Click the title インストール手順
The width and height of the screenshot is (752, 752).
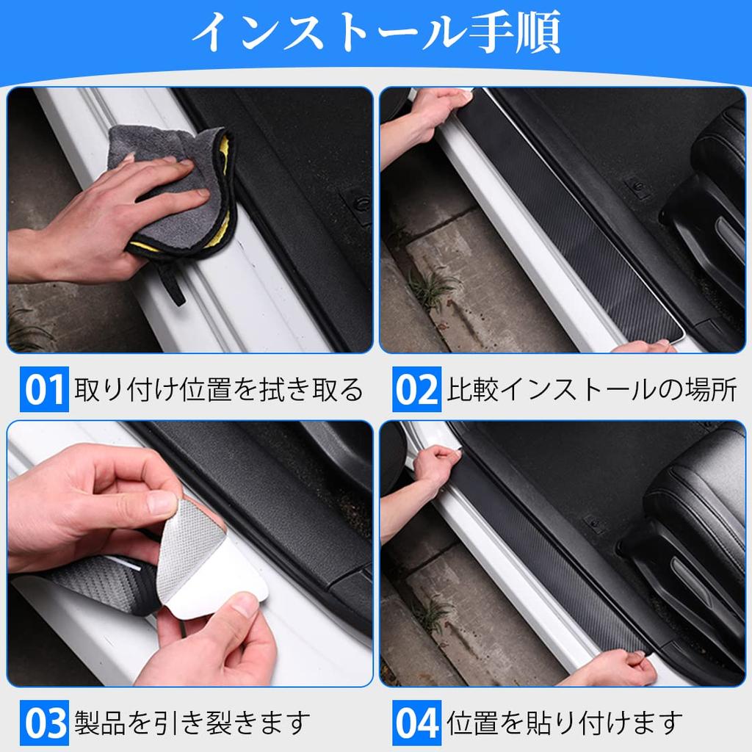(375, 32)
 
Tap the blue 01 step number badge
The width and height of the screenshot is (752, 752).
(44, 390)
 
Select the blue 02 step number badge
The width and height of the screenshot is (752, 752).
(416, 390)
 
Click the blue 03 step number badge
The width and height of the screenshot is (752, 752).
(44, 723)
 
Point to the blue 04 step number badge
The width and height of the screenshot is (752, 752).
(416, 723)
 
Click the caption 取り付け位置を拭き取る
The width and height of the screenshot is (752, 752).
(218, 390)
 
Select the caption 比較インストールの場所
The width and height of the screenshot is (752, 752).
(592, 390)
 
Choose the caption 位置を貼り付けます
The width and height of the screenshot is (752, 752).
(565, 723)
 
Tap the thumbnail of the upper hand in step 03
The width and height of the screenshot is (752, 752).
(161, 503)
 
